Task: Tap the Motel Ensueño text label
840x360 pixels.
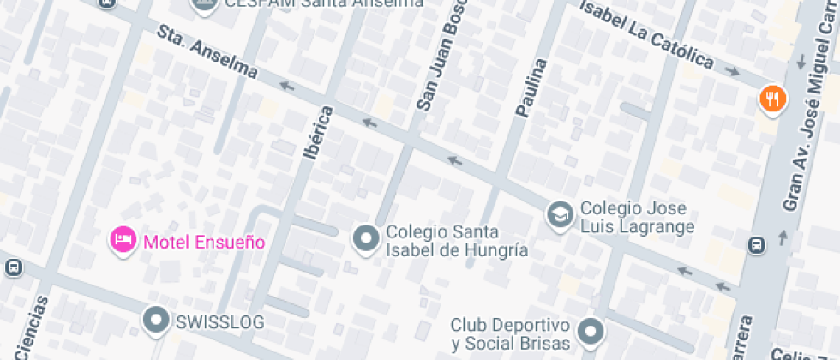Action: tap(204, 242)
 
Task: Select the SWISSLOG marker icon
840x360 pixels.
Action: tap(156, 321)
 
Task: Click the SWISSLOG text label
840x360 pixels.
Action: tap(219, 322)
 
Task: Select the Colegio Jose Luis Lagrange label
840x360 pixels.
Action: tap(637, 218)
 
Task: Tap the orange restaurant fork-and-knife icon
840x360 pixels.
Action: tap(772, 99)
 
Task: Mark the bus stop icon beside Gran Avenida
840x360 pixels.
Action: tap(757, 245)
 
